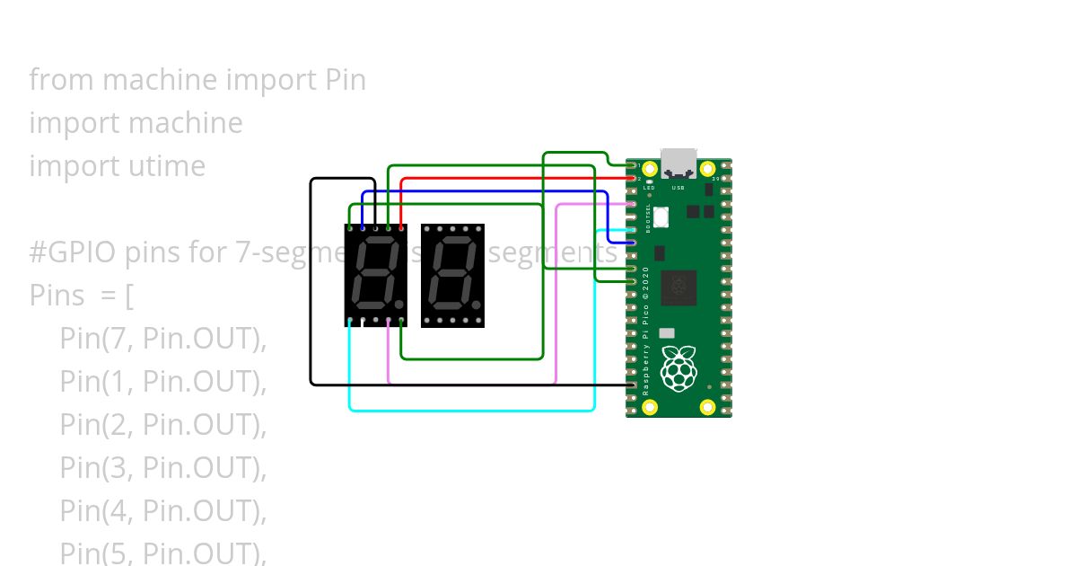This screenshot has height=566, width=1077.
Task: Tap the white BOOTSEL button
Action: point(661,217)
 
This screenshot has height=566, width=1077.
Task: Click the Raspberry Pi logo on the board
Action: point(679,367)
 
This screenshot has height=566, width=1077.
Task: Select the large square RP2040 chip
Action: point(679,287)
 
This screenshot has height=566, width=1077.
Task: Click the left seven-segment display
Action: point(376,275)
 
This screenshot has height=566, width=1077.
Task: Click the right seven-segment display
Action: point(452,275)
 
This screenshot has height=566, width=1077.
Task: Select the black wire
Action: point(311,287)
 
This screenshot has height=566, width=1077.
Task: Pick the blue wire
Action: point(485,191)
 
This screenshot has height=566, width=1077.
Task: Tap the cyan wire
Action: point(471,411)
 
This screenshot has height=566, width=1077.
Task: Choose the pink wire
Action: point(556,296)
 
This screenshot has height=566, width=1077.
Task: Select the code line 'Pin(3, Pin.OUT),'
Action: point(163,468)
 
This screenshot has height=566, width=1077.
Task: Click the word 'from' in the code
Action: point(62,80)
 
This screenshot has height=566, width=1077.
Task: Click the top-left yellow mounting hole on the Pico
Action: point(650,168)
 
